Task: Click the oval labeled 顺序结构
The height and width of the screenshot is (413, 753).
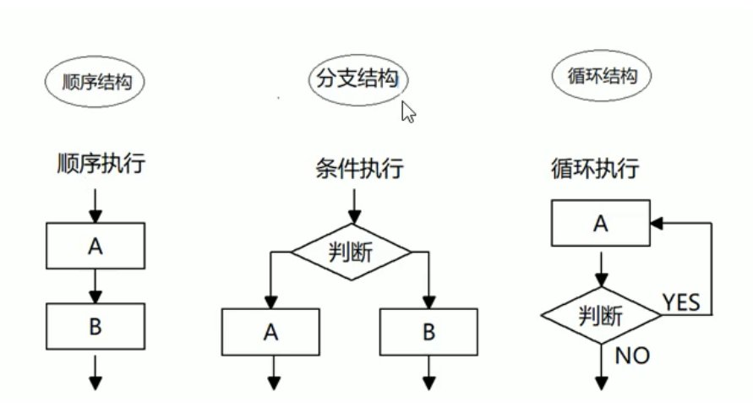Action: pyautogui.click(x=95, y=83)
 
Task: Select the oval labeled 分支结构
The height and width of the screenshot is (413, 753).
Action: pyautogui.click(x=356, y=80)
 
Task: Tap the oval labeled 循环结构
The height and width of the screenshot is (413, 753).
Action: pyautogui.click(x=601, y=77)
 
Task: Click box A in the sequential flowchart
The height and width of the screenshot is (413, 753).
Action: pyautogui.click(x=95, y=246)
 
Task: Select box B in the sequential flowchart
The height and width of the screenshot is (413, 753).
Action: pyautogui.click(x=95, y=327)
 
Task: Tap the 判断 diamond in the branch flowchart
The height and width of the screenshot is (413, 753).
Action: pyautogui.click(x=351, y=252)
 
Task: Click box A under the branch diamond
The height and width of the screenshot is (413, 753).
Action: pyautogui.click(x=270, y=332)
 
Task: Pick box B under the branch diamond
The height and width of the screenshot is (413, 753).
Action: pyautogui.click(x=429, y=332)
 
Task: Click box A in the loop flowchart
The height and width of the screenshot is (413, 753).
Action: pyautogui.click(x=601, y=223)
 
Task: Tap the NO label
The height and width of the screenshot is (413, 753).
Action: pyautogui.click(x=632, y=356)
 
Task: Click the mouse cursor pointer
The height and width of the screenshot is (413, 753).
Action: pyautogui.click(x=408, y=111)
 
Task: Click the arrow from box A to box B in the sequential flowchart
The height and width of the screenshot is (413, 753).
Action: pyautogui.click(x=95, y=286)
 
